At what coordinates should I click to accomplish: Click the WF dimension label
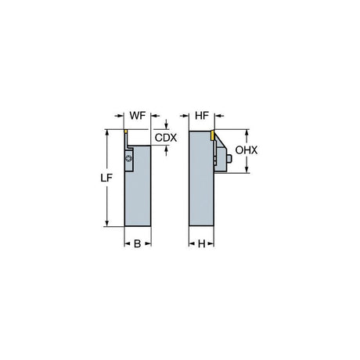tap(138, 116)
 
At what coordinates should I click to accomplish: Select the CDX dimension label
tap(166, 138)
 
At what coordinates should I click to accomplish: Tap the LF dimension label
tap(106, 178)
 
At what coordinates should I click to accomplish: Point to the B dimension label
tap(138, 244)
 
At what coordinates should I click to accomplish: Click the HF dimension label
tap(202, 116)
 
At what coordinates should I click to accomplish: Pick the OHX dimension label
tap(247, 150)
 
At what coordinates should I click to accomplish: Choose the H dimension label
tap(201, 244)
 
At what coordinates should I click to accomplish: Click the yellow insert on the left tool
tap(125, 131)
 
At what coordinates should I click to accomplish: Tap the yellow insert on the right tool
tap(213, 135)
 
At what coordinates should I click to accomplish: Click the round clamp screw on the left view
tap(128, 158)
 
